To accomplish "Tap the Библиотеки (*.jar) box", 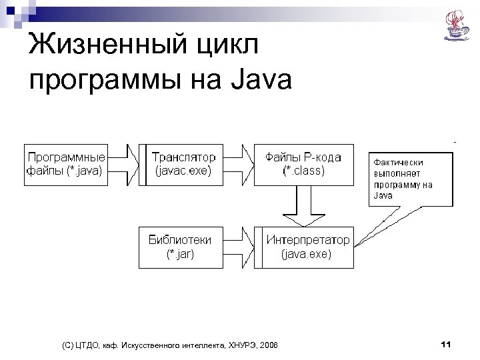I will click(x=180, y=246).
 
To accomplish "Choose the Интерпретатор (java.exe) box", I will click(x=307, y=246).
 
